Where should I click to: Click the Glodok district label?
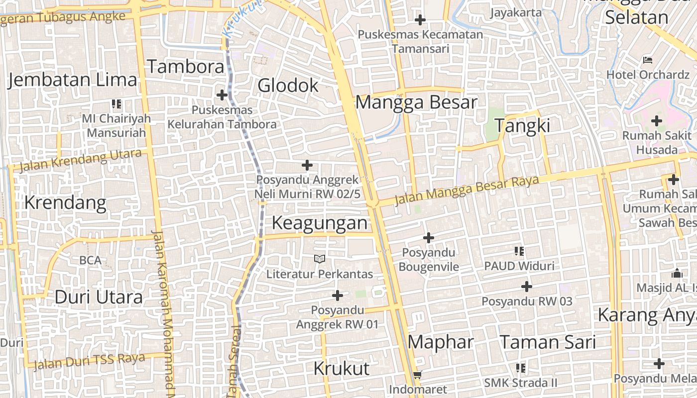click(288, 86)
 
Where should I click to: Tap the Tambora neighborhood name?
click(185, 67)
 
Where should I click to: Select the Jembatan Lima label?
click(72, 80)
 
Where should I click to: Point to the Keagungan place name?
click(319, 223)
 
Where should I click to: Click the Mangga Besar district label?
click(416, 102)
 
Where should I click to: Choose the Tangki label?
click(522, 126)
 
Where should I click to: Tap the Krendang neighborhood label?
click(65, 203)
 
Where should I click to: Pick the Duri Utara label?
click(99, 297)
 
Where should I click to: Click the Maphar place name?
click(441, 342)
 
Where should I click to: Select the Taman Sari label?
click(547, 342)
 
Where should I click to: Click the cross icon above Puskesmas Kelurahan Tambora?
click(222, 95)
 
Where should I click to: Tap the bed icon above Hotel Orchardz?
click(648, 60)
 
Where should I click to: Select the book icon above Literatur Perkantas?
click(320, 259)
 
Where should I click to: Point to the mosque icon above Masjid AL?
click(677, 273)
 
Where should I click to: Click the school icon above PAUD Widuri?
click(519, 251)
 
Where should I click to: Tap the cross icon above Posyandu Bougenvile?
click(428, 238)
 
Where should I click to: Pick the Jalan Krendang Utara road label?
click(81, 161)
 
